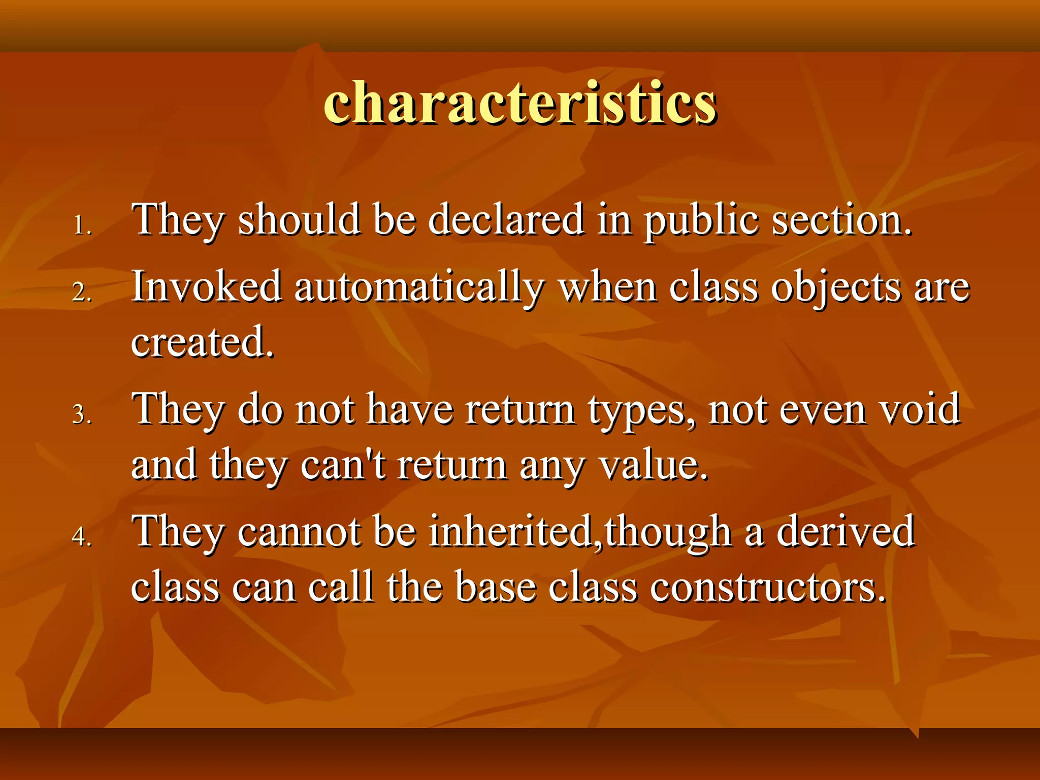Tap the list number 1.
82,225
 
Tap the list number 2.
82,292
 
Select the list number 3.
82,414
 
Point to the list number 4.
82,536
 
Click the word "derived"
845,531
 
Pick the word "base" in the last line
496,587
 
